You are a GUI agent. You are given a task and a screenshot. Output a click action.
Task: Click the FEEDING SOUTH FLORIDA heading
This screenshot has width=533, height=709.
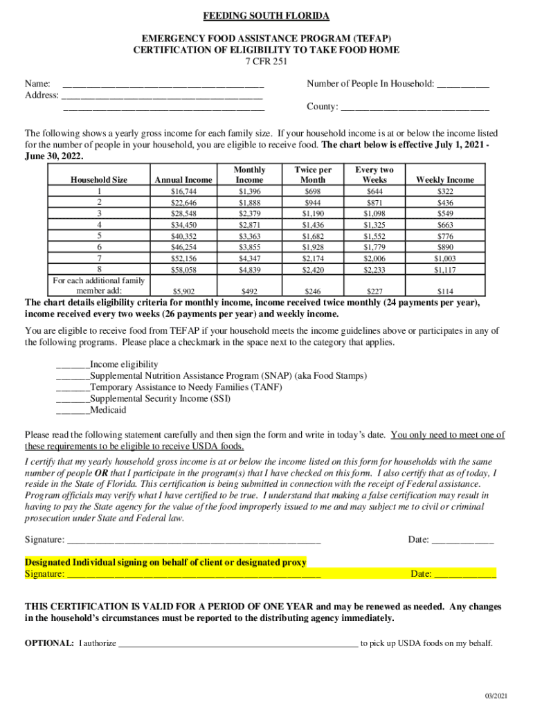(266, 16)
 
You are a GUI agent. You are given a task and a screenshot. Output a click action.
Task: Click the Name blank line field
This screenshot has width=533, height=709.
(163, 84)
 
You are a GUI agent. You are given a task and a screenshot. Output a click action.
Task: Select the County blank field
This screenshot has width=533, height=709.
(415, 107)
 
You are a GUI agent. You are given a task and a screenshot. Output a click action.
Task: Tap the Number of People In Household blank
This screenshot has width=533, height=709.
(463, 84)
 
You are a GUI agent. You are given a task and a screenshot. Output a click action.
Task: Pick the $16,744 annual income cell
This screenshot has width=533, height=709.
(183, 191)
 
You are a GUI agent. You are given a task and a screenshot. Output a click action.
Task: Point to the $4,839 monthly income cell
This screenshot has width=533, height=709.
(249, 269)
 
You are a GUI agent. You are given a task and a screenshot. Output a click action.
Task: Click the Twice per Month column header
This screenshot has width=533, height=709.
(313, 174)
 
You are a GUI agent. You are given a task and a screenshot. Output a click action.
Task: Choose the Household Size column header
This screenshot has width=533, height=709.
(99, 180)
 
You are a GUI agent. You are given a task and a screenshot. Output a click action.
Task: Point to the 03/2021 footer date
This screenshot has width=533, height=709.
(496, 696)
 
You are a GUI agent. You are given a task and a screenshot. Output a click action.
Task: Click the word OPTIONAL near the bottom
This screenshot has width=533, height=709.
(49, 643)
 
